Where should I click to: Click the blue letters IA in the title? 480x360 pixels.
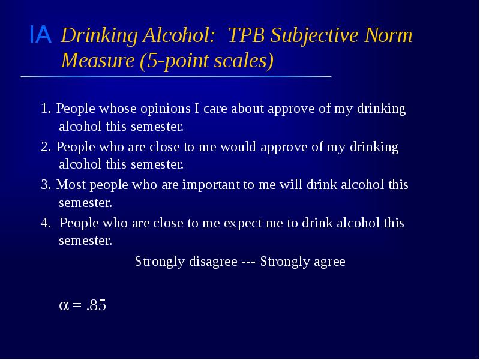click(40, 35)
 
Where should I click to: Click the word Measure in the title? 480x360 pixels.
click(98, 61)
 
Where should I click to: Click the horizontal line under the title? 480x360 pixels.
click(176, 77)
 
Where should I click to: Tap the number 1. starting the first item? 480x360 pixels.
click(46, 109)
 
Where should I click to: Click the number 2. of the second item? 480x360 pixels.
click(46, 148)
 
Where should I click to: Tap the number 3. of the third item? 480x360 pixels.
click(46, 185)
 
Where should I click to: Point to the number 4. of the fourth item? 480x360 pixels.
click(47, 223)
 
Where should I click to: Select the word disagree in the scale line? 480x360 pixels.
click(213, 262)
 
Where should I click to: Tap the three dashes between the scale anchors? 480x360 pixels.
click(248, 262)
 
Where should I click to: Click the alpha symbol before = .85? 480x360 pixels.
click(64, 306)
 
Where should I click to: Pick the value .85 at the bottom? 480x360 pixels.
click(95, 305)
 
